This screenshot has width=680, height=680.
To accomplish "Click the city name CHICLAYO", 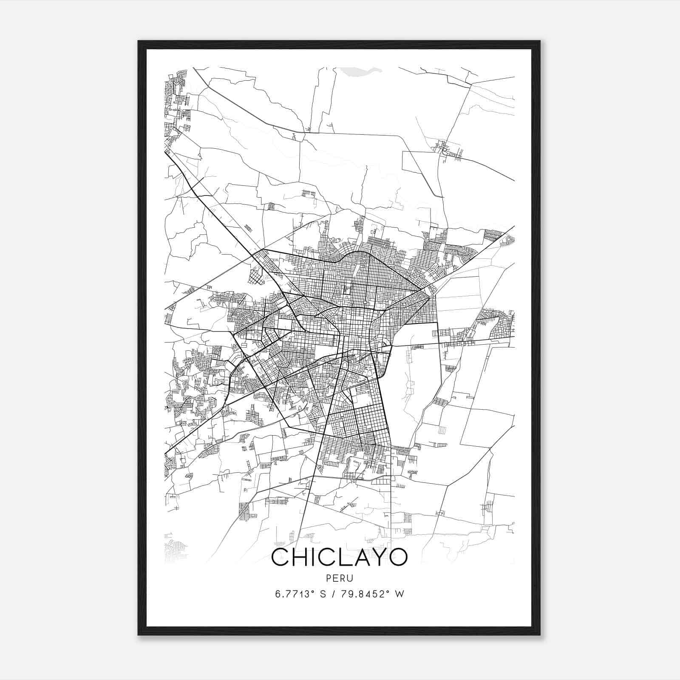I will pos(339,557).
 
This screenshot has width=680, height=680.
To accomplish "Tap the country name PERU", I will pos(339,578).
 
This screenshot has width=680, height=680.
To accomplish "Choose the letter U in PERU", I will pos(350,578).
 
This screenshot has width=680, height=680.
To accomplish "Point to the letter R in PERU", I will pos(343,578).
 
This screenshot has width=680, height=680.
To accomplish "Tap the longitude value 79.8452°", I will pos(366,594).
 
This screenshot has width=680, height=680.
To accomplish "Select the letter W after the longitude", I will pos(399,594).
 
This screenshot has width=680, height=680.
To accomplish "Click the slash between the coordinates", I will pos(336,594).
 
